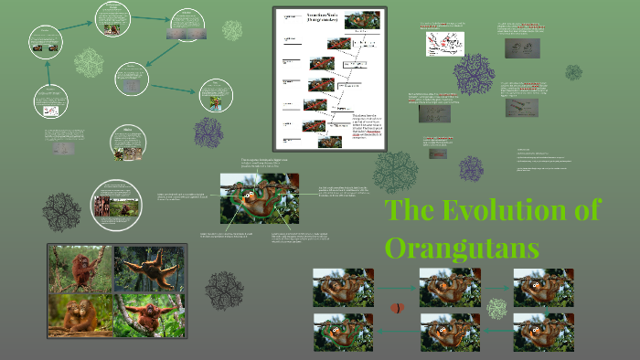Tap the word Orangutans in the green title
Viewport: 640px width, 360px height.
tap(462, 247)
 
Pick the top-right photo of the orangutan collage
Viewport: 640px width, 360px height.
tap(149, 268)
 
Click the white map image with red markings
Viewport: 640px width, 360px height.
tap(445, 43)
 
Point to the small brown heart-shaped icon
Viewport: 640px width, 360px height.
tap(397, 309)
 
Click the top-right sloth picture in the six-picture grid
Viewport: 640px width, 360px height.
tap(543, 286)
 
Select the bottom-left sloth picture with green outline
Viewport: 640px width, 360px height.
tap(343, 332)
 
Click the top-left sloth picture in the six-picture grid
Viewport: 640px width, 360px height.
tap(343, 286)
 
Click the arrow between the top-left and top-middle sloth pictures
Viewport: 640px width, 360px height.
tap(396, 286)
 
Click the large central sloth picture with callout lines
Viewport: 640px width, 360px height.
tap(260, 199)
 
